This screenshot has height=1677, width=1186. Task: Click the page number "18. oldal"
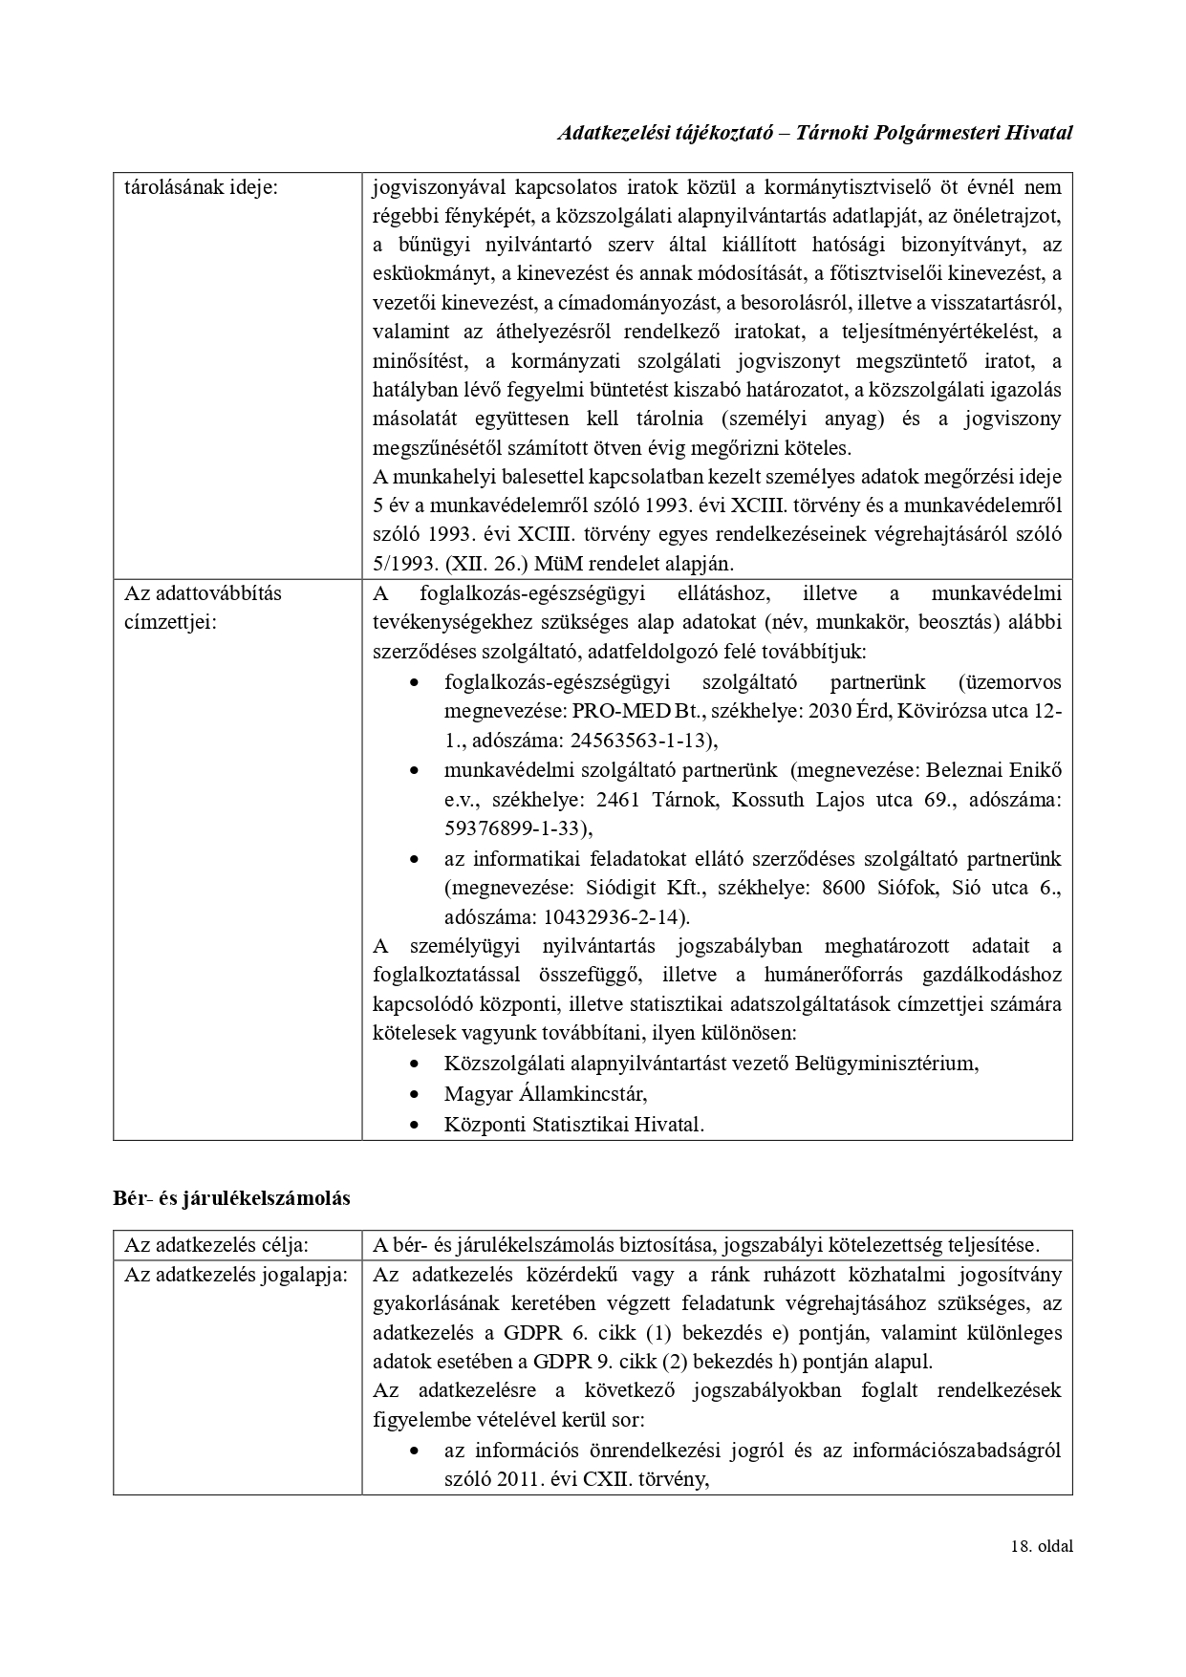pyautogui.click(x=1041, y=1546)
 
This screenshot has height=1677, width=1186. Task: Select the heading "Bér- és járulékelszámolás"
pyautogui.click(x=231, y=1198)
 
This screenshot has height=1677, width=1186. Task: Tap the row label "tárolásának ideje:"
pyautogui.click(x=201, y=187)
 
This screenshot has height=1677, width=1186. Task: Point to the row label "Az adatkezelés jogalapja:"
pyautogui.click(x=236, y=1275)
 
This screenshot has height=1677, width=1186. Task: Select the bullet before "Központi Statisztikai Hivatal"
pyautogui.click(x=414, y=1125)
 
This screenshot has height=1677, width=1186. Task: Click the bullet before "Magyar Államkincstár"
pyautogui.click(x=414, y=1093)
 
